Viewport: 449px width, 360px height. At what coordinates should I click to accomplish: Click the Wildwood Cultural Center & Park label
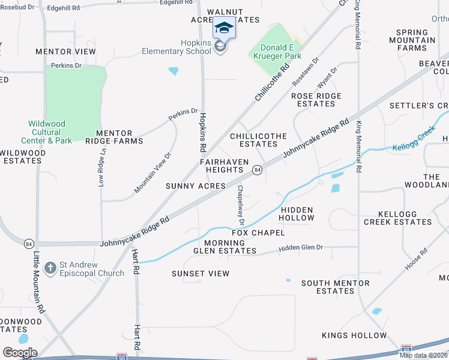click(50, 132)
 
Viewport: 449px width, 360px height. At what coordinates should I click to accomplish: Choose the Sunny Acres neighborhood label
click(196, 186)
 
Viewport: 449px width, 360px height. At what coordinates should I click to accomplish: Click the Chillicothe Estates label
click(259, 140)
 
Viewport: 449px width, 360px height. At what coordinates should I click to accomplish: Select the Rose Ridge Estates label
click(316, 100)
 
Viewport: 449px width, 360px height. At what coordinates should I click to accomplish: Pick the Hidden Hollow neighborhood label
click(297, 214)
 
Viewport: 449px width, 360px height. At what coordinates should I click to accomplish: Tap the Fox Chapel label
click(258, 232)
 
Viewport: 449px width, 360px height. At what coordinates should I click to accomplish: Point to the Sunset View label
click(200, 274)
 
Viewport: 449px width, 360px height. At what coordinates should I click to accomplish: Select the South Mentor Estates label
click(328, 287)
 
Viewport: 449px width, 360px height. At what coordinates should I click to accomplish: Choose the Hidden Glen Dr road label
click(301, 247)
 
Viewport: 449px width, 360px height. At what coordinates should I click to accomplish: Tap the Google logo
click(20, 353)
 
